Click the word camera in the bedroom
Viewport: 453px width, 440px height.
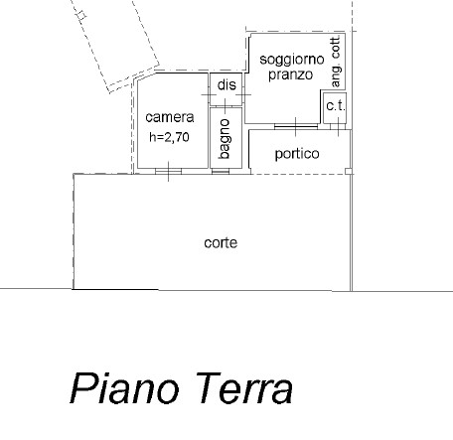coord(170,117)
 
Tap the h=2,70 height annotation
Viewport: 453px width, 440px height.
coord(169,137)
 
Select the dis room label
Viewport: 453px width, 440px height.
coord(226,85)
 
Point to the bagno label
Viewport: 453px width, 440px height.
coord(225,139)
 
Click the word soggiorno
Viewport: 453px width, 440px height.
coord(292,60)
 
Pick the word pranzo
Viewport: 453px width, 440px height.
coord(290,74)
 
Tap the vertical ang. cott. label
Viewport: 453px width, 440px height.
coord(336,62)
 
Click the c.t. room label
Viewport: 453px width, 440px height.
coord(336,106)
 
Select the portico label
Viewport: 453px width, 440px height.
coord(297,154)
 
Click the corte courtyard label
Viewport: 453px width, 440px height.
coord(221,243)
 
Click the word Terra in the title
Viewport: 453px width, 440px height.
coord(244,388)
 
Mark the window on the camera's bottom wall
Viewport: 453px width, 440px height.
coord(169,171)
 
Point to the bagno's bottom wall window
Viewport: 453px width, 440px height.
coord(221,171)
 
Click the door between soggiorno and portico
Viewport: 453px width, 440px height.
coord(296,126)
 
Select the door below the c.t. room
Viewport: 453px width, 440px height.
coord(338,126)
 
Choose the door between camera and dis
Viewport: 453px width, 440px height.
coord(209,95)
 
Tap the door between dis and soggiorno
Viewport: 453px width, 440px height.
coord(243,95)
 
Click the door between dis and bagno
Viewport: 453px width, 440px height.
coord(226,106)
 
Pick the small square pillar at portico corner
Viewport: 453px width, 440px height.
coord(348,171)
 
